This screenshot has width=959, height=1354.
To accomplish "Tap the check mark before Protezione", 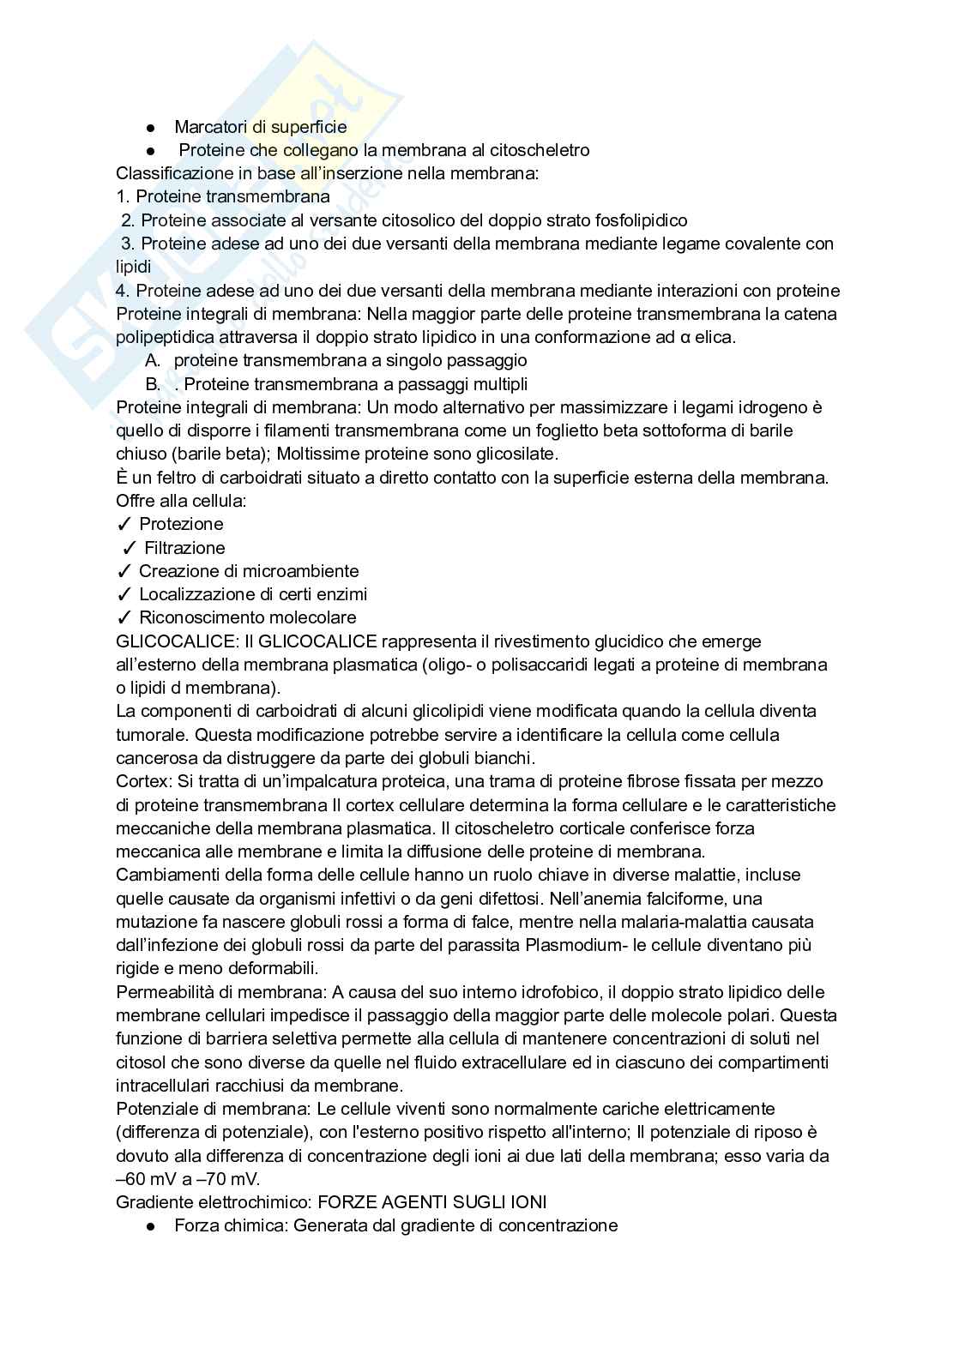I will (x=124, y=525).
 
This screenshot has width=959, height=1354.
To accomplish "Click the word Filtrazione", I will (x=184, y=548).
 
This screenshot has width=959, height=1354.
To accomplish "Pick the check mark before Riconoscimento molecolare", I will (x=124, y=618).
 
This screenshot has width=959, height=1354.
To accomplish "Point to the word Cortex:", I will (x=142, y=781).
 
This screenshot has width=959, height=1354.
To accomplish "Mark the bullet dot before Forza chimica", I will (x=151, y=1227).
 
